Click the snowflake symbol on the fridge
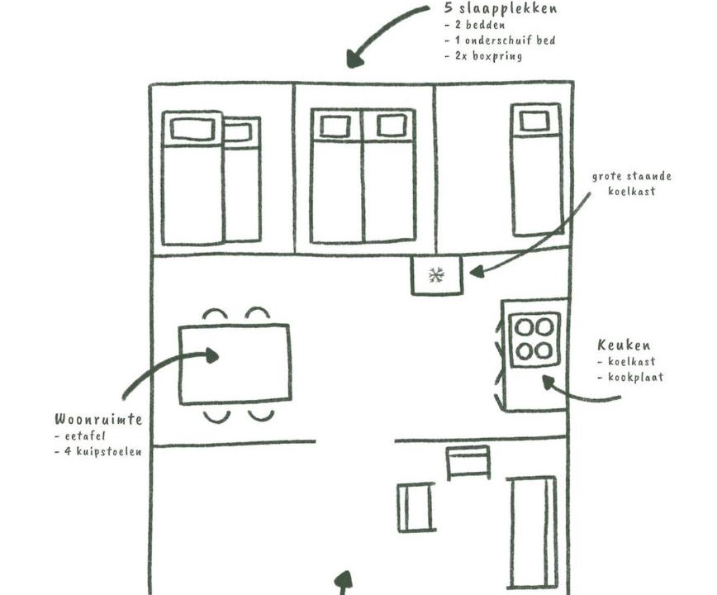[x=436, y=275]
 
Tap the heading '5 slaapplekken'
[x=501, y=9]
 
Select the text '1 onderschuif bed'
[x=505, y=40]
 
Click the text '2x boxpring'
[x=488, y=56]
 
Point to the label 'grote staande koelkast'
[x=631, y=183]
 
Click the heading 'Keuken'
[x=624, y=345]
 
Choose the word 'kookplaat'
[x=635, y=378]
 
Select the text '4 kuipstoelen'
[x=103, y=451]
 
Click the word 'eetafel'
[x=85, y=436]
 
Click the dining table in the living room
[x=235, y=364]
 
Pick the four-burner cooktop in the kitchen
[x=534, y=340]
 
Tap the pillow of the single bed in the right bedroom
[x=534, y=121]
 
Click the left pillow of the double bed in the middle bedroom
[x=335, y=126]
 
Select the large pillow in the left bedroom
[x=192, y=129]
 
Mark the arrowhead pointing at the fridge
[x=477, y=272]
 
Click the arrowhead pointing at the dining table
[x=212, y=355]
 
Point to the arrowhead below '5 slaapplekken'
[x=355, y=59]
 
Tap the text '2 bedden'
[x=480, y=25]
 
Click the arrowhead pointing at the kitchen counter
[x=548, y=383]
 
